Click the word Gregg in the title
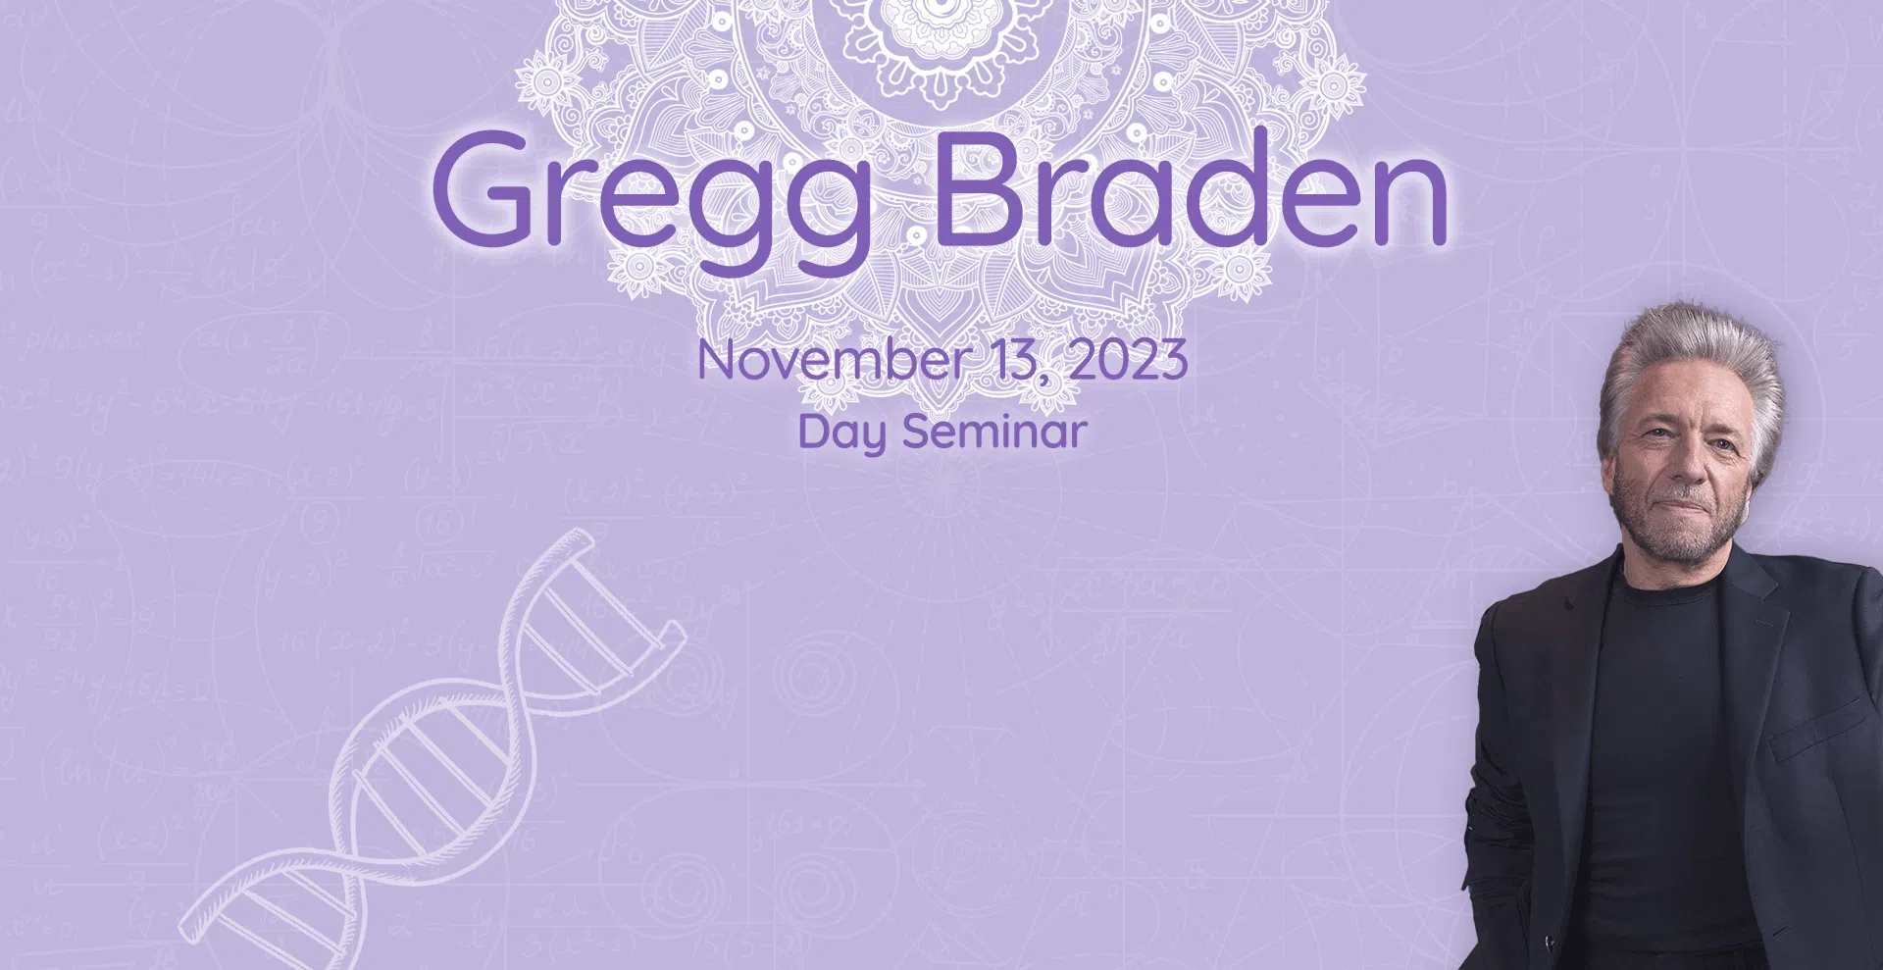point(651,197)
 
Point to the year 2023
point(1129,360)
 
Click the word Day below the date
point(841,433)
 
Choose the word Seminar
point(994,431)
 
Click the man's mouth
point(1679,508)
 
